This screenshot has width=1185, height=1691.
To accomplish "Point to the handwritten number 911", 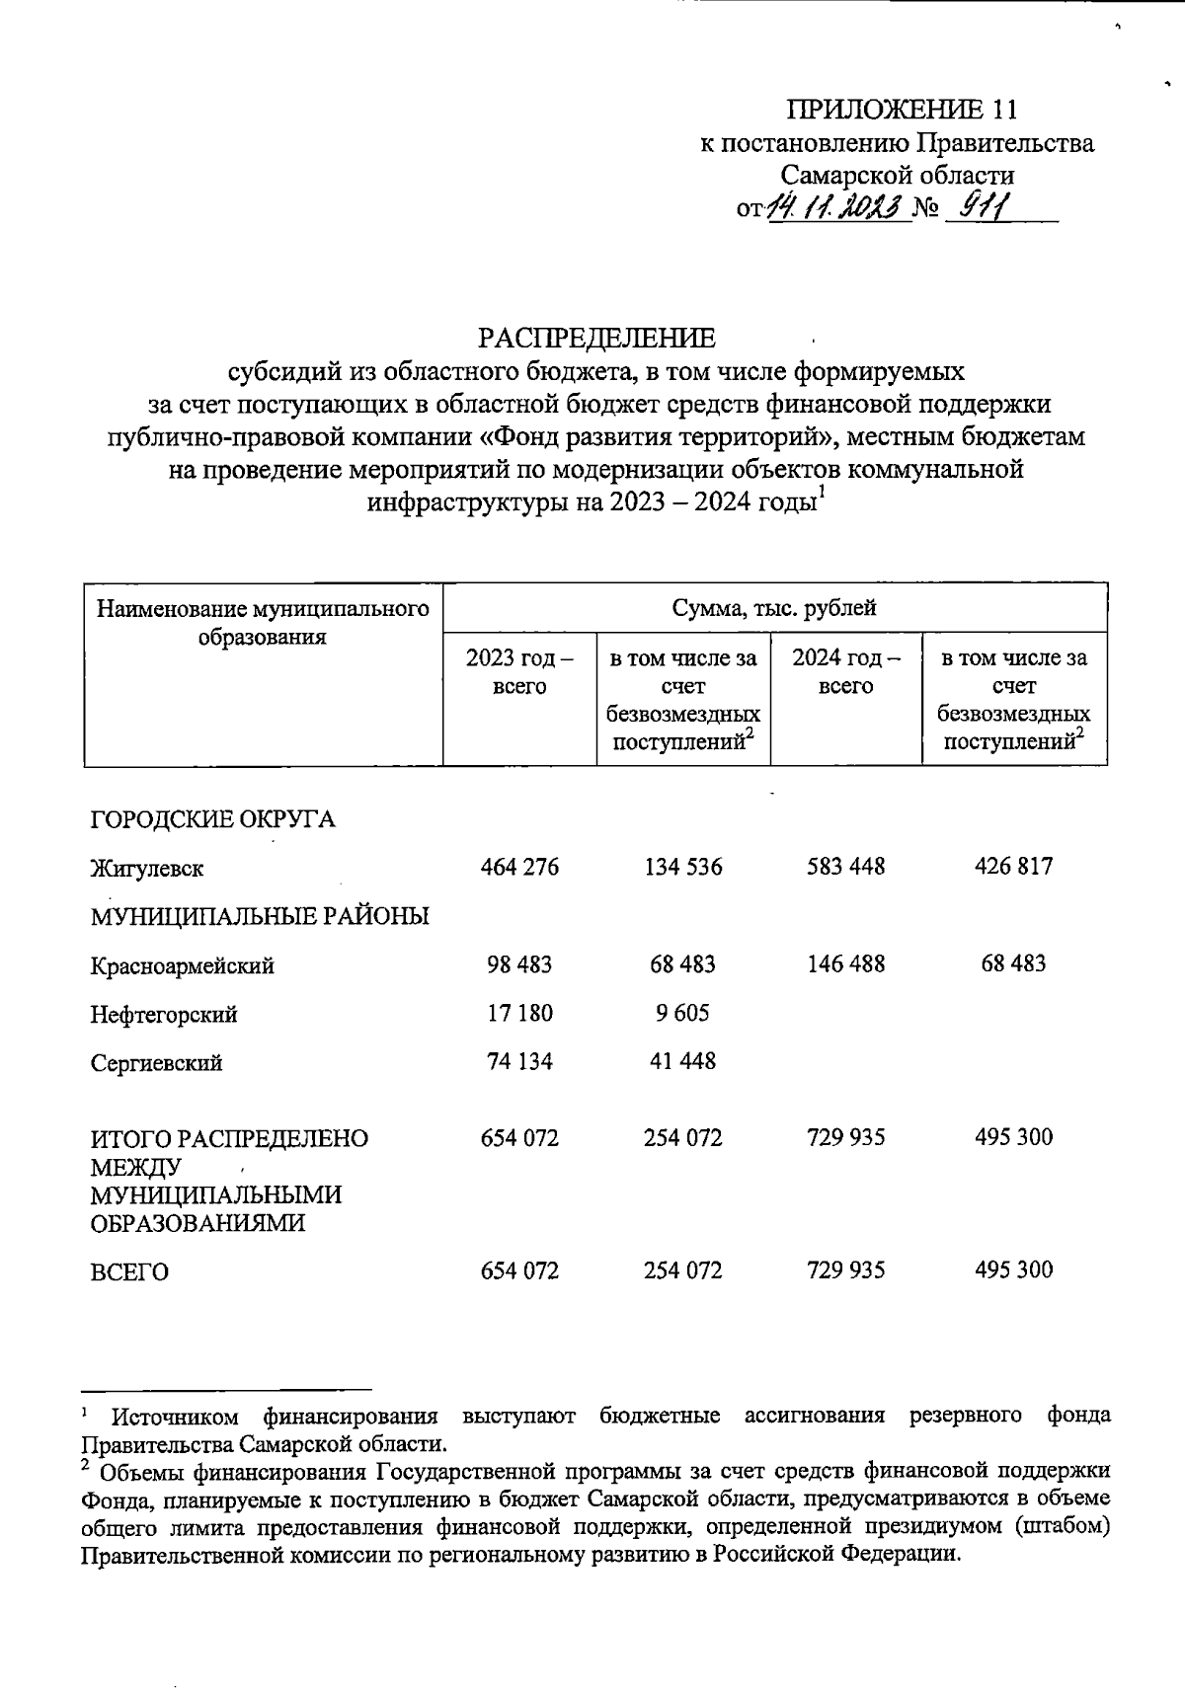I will tap(981, 206).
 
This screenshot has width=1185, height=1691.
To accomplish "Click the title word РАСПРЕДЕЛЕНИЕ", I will tap(596, 339).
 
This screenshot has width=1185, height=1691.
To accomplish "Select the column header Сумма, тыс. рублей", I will tap(774, 608).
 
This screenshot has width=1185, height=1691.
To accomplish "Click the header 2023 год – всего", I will tap(519, 671).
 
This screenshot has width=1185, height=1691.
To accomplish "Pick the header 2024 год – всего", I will tap(846, 671).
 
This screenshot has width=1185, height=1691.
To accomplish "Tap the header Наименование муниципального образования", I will tap(263, 622).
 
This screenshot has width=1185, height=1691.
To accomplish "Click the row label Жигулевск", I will tap(147, 870).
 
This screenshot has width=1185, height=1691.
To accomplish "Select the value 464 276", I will tap(519, 867).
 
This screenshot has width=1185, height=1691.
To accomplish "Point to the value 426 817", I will tap(1013, 867).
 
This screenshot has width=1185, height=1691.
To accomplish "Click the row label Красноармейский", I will tap(183, 966).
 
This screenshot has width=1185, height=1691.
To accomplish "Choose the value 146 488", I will tap(845, 963).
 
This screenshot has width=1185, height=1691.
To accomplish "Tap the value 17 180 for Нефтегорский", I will tap(519, 1013).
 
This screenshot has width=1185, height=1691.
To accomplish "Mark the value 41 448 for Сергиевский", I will tap(682, 1061).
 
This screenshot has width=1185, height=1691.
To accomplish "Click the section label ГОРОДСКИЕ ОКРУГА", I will tap(212, 820).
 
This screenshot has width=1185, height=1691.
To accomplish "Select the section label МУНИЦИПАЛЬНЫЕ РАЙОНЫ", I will tap(260, 917).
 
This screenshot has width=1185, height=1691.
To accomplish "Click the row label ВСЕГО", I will tap(129, 1272).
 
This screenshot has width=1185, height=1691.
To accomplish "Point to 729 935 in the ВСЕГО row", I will tap(845, 1270).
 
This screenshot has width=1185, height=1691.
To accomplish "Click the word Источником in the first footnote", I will tap(175, 1418).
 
